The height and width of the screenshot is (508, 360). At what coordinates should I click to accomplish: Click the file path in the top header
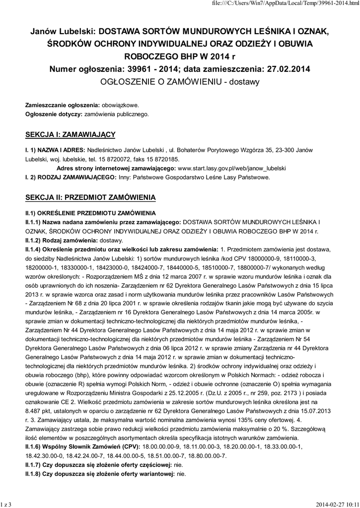click(297, 4)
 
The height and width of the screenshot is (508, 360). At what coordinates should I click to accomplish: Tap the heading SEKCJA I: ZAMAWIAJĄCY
click(71, 134)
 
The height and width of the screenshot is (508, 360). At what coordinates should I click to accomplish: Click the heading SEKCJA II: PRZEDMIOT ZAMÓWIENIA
click(90, 197)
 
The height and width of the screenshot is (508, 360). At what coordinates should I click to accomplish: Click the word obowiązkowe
click(121, 105)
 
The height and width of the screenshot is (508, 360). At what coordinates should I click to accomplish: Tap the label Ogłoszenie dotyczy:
click(54, 114)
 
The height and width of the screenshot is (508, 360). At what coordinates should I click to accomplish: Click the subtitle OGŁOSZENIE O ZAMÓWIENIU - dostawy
click(180, 82)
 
